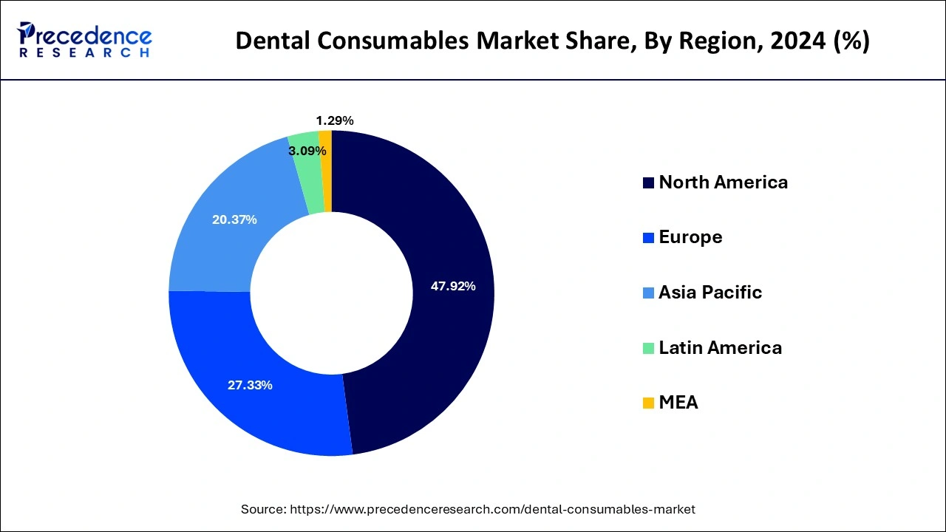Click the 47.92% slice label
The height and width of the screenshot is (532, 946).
pos(453,287)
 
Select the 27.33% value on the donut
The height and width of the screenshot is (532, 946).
pos(250,385)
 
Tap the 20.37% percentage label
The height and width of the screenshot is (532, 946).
pos(234,219)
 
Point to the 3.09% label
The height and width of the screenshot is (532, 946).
pos(307,151)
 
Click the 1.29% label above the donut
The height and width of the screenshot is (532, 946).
pos(334,120)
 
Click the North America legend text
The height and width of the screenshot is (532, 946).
pos(723,182)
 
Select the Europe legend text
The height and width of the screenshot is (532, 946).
pos(690,236)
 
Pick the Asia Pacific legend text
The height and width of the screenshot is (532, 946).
pos(709,292)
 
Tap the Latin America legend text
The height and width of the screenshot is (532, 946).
pos(720,347)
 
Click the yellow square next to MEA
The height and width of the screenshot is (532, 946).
pos(648,403)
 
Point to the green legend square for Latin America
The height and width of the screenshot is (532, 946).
pos(648,348)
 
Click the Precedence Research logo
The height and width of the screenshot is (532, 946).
pos(84,40)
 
